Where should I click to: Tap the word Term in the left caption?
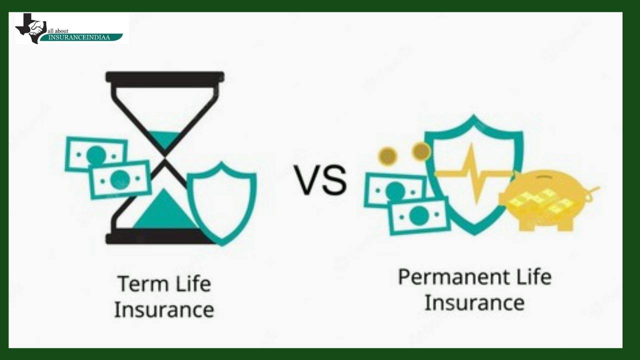[x=143, y=283]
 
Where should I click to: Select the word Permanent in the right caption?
[x=454, y=277]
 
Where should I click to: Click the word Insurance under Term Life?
[x=164, y=310]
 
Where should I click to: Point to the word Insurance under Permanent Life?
[x=474, y=303]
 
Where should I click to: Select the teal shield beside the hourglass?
[x=221, y=203]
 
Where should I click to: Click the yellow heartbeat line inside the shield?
[x=475, y=173]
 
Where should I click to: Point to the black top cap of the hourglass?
[x=165, y=77]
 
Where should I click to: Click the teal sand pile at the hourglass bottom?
[x=165, y=210]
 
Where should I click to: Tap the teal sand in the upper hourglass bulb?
[x=165, y=140]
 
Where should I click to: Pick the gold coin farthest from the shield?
[x=387, y=156]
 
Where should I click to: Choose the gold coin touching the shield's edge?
[x=420, y=151]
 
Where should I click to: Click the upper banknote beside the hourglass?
[x=96, y=154]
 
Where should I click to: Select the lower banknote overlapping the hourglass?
[x=120, y=179]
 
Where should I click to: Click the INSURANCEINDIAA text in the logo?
[x=79, y=37]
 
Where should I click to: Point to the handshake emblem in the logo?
[x=36, y=28]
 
